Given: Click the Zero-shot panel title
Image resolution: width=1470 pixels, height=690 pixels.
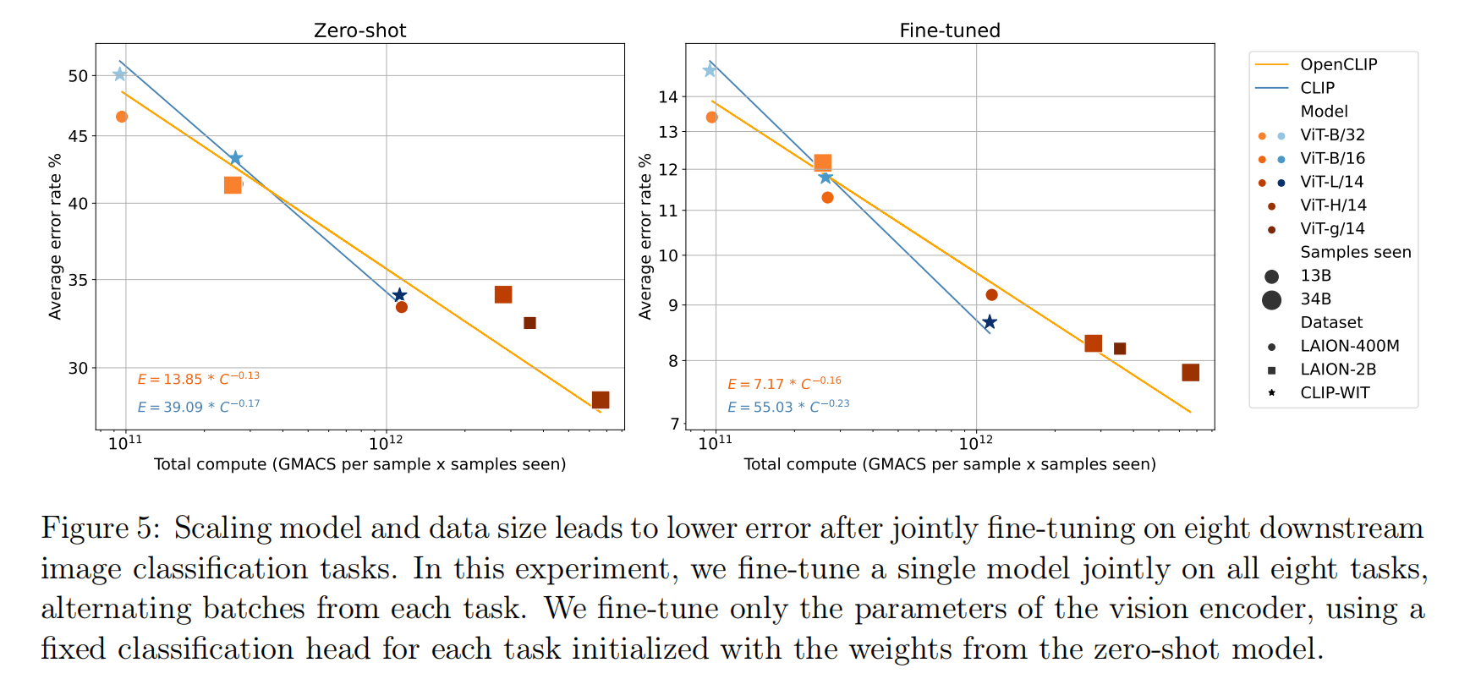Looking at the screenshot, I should point(359,30).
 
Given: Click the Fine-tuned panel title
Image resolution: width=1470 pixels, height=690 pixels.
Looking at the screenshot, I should point(949,30).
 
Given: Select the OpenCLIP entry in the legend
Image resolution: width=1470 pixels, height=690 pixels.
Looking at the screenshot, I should point(1338,64).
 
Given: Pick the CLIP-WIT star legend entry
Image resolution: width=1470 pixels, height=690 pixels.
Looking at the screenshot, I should point(1335,392).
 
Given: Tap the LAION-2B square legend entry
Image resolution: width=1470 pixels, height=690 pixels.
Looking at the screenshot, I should point(1337,370).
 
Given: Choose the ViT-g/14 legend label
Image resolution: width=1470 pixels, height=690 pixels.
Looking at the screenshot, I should point(1332,228).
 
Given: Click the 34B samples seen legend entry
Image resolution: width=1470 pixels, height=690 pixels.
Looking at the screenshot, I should point(1315,299).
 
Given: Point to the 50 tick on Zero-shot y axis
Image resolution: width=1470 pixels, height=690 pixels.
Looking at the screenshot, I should point(78,76).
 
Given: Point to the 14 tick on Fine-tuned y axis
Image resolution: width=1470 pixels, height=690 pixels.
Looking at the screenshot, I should point(668,97).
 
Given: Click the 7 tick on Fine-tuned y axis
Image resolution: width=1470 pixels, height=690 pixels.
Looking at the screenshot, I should point(674,424).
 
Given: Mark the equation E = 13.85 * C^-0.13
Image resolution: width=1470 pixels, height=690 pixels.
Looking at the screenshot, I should point(198,378).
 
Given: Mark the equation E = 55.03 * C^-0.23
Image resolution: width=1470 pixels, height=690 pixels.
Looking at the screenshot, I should point(787,406).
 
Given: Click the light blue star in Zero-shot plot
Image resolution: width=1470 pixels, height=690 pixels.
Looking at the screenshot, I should point(119,74).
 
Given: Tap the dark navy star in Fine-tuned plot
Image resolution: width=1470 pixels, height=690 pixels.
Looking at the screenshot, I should point(989,322).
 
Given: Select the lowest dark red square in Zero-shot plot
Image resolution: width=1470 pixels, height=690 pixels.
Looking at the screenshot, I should point(601,400).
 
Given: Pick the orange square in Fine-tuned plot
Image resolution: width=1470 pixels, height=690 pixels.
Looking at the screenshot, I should point(822,162).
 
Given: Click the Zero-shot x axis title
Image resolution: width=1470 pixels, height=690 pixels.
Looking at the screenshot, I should point(359,464).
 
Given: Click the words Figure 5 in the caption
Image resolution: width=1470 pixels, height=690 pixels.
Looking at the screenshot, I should point(100,528).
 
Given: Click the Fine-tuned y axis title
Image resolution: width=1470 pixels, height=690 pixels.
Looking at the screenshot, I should point(645,237).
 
